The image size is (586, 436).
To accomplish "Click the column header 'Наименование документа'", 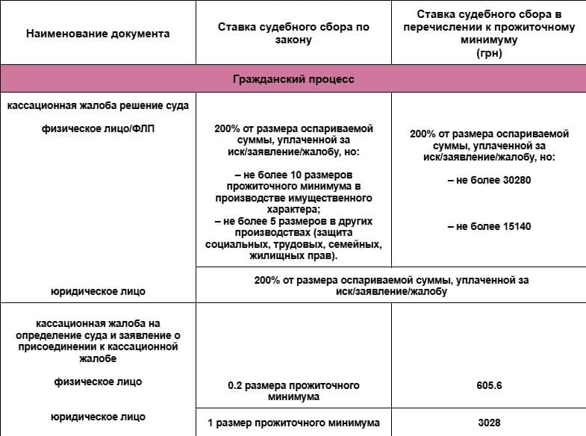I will [98, 34].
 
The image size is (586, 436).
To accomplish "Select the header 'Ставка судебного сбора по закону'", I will [293, 34].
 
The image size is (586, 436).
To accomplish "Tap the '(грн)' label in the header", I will [489, 54].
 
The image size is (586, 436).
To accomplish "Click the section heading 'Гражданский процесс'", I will [293, 78].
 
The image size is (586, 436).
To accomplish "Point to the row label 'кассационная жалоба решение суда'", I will [98, 106].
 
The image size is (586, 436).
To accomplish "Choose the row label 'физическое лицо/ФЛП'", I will [98, 128].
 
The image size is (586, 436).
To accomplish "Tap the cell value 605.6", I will [489, 386].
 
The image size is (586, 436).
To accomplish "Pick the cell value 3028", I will [489, 423].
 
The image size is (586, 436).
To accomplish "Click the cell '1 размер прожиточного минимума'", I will [293, 423].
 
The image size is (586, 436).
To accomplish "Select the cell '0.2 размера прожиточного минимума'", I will [293, 391].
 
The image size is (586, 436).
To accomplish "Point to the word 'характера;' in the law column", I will [293, 211].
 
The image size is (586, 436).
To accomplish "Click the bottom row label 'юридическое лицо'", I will [98, 417].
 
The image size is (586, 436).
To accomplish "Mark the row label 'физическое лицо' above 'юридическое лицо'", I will [98, 382].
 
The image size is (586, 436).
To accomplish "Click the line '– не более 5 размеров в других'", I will [293, 222].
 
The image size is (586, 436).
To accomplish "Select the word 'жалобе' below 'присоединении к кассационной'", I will [98, 358].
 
